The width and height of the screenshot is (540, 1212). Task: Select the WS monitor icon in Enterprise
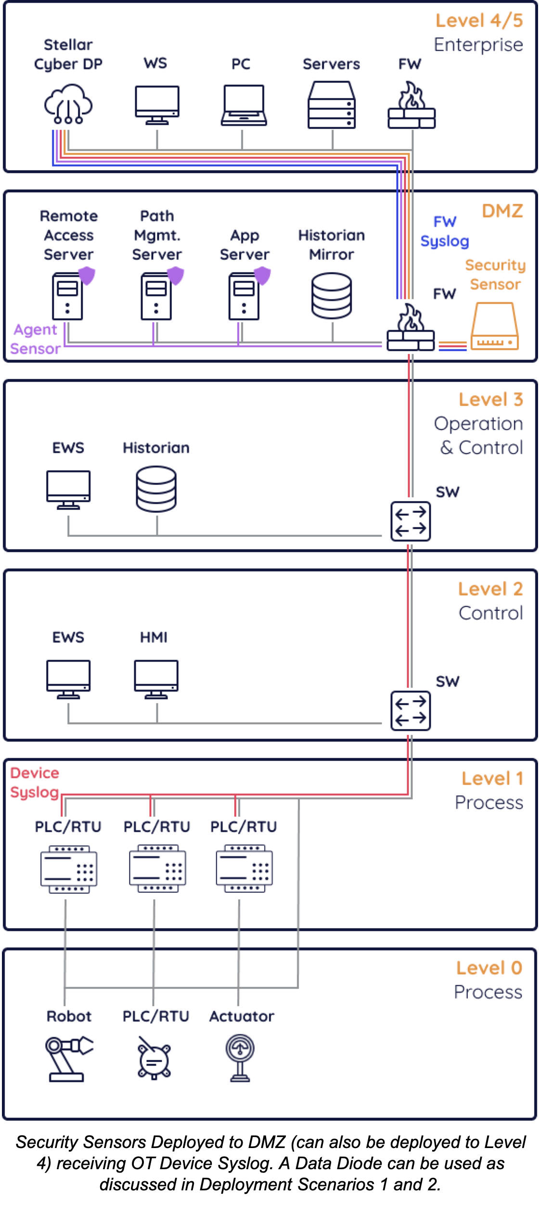157,104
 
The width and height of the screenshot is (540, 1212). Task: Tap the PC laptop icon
244,105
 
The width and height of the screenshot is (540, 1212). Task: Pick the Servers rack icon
332,105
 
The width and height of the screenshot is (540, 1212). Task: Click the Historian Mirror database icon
332,296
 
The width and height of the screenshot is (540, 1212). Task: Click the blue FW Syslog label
445,231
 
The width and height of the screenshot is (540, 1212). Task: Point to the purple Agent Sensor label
35,339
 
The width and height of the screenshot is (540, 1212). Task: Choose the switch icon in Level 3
411,521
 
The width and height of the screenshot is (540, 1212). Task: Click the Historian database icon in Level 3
156,489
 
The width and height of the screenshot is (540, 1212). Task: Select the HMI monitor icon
156,679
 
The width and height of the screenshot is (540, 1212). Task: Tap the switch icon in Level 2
411,711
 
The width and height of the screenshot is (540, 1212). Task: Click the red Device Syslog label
35,783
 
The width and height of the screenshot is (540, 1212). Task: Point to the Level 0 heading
489,968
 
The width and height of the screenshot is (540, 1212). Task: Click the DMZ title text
502,211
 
